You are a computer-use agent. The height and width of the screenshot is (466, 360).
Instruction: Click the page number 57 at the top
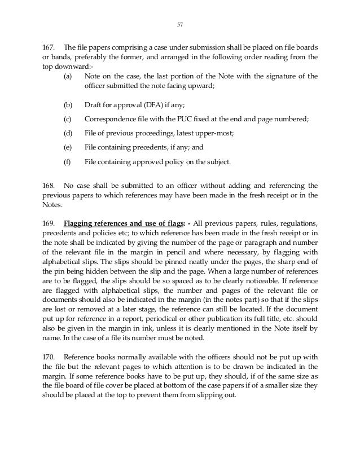click(x=180, y=24)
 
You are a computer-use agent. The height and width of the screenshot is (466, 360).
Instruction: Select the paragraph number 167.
click(x=49, y=45)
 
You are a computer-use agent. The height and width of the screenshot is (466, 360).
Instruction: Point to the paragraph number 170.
click(x=49, y=357)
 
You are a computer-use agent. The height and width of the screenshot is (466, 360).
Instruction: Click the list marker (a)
click(x=68, y=76)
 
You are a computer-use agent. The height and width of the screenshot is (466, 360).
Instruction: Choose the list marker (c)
click(x=68, y=120)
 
